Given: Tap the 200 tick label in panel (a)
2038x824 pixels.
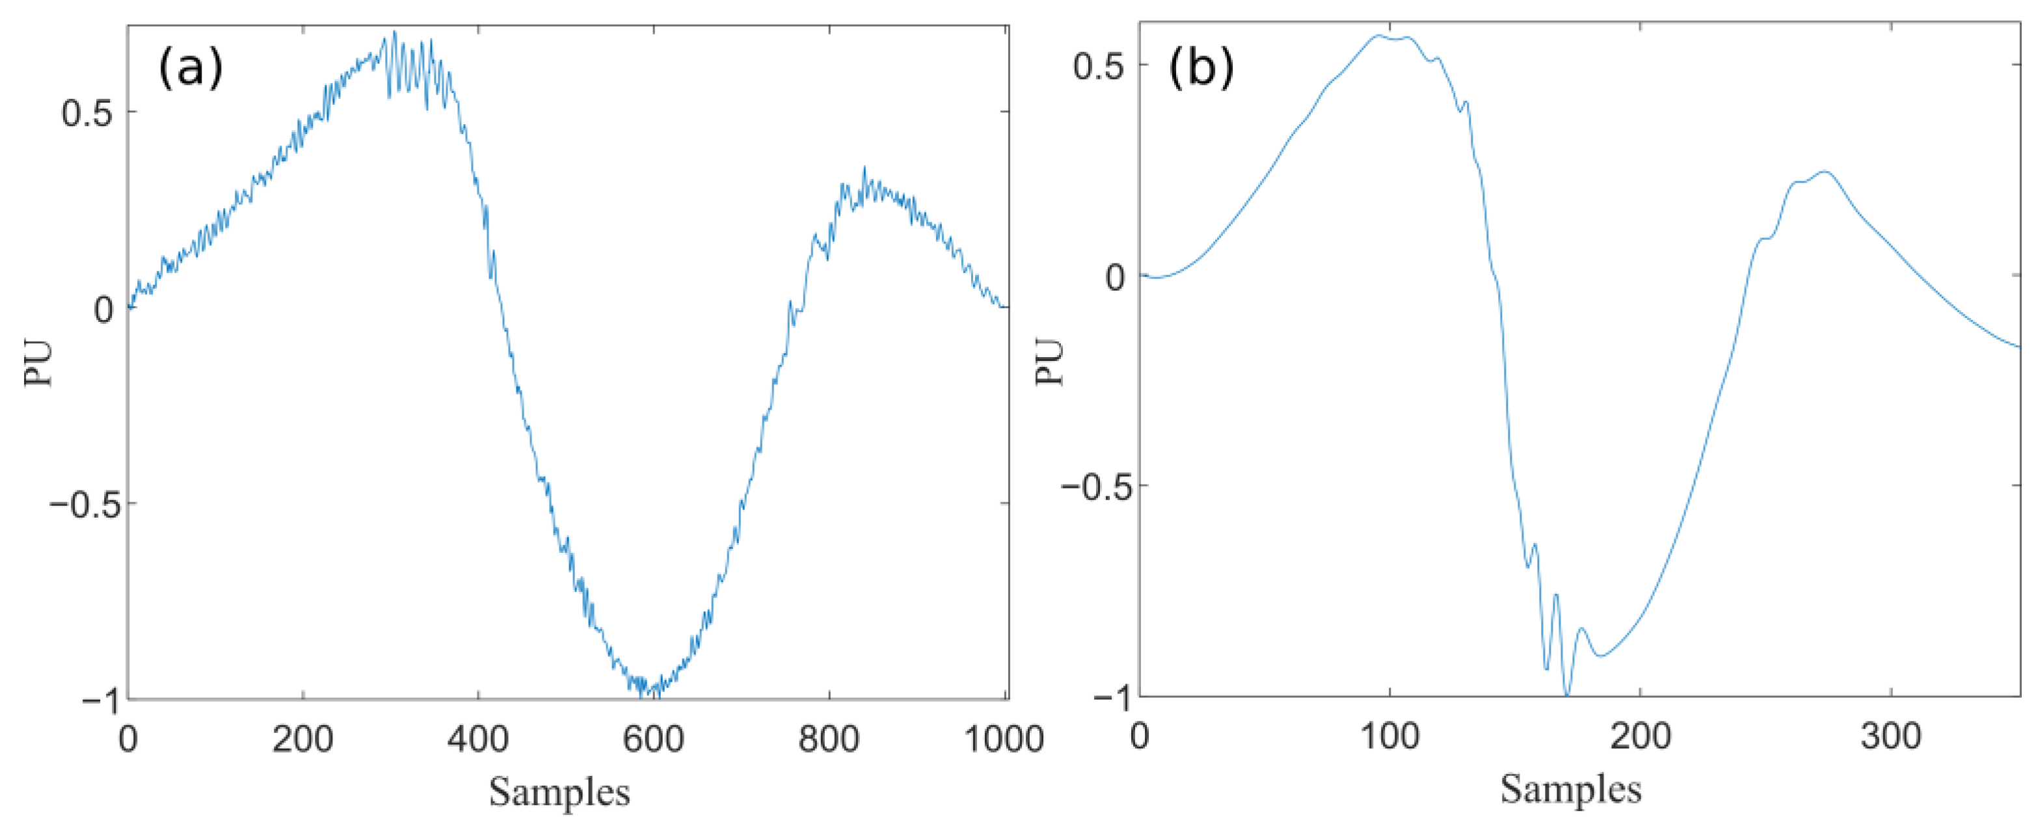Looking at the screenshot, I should click(x=302, y=739).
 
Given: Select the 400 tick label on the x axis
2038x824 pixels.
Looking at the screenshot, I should click(x=478, y=739).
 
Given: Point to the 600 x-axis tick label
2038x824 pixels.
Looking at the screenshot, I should click(x=654, y=739).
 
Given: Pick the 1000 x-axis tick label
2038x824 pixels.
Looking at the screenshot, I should click(x=1003, y=739).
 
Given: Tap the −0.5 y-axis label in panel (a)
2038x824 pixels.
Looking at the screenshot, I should click(x=81, y=505).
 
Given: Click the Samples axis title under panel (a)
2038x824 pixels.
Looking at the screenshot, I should click(x=559, y=791).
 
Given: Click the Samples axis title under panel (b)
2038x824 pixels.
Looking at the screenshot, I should click(x=1570, y=788).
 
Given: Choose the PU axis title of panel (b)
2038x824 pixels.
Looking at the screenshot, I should click(x=1049, y=362).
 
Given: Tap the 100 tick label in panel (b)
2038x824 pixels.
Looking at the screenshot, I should click(x=1389, y=736).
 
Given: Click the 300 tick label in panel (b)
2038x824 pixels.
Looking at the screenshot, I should click(x=1891, y=736).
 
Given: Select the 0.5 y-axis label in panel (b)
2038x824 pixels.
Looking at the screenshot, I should click(x=1098, y=66).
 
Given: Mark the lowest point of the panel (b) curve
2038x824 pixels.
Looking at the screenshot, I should click(x=1567, y=695).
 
